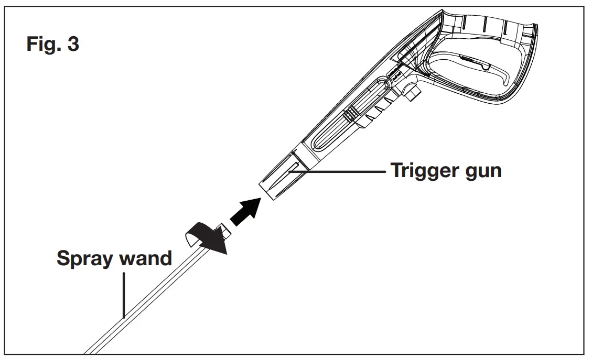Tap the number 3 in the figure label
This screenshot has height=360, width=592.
coord(73,44)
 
